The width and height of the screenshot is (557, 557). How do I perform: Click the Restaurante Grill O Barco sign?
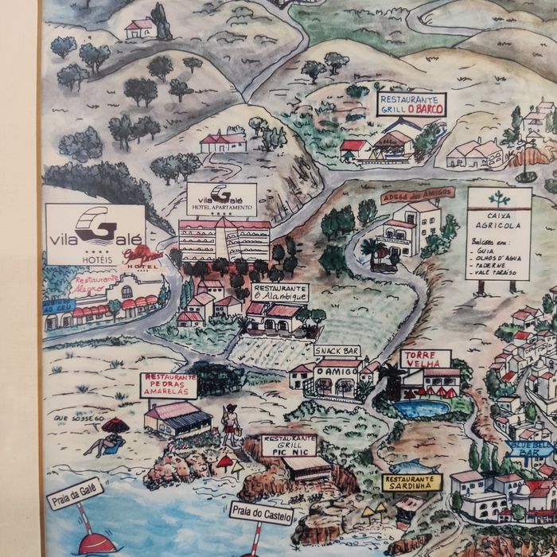[x=411, y=104]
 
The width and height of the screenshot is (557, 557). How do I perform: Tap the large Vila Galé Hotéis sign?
[x=95, y=234]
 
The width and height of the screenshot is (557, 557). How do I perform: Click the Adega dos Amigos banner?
[x=418, y=195]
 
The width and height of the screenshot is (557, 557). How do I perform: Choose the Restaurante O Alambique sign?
[x=280, y=292]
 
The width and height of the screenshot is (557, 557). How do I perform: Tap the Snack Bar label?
[x=337, y=351]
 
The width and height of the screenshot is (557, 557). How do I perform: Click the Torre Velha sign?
[x=425, y=359]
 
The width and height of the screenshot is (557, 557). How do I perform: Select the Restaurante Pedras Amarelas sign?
[x=169, y=385]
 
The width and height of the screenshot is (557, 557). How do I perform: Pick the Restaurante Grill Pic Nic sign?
[x=289, y=446]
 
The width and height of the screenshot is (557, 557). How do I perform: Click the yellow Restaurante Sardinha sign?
[x=411, y=482]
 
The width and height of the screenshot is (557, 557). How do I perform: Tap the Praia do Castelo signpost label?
[x=261, y=515]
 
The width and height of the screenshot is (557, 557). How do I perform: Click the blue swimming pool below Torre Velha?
[x=421, y=409]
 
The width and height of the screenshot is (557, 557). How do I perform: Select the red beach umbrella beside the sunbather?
[x=115, y=425]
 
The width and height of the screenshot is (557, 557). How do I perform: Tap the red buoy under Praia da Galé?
[x=97, y=543]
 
